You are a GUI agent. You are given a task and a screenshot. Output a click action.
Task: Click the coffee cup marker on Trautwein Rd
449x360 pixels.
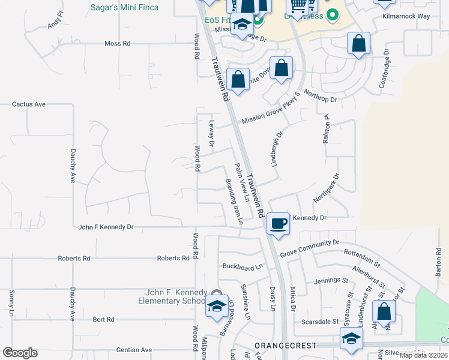(277, 224)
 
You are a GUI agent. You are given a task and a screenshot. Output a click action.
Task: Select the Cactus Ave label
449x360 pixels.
(29, 104)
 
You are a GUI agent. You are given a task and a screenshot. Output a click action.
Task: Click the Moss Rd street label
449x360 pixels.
(117, 44)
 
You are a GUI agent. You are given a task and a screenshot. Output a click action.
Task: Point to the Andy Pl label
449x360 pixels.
(55, 22)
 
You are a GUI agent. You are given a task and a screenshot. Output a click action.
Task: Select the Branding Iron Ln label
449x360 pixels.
(234, 201)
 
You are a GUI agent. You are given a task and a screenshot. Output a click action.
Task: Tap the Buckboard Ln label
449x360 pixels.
(243, 266)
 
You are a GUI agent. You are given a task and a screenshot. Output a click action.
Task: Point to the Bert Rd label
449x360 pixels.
(103, 320)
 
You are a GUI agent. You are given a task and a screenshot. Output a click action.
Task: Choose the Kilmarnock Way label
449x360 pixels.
(406, 16)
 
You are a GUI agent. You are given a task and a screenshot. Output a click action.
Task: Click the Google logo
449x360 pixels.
(20, 353)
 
